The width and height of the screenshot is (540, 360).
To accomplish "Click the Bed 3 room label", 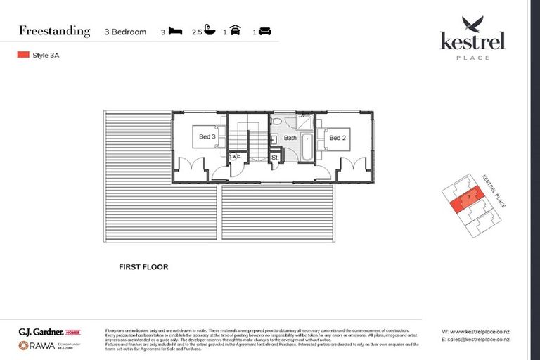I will pos(206,137).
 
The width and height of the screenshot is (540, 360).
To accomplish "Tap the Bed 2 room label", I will pos(337,138).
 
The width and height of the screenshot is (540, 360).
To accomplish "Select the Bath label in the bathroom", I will pos(290,138).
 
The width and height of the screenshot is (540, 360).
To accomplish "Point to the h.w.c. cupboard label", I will pos(235,156).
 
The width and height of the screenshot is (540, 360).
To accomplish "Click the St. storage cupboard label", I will pos(275,157).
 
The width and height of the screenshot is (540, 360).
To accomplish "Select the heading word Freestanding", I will pos(55,31).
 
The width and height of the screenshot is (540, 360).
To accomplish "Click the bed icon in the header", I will pos(176,32).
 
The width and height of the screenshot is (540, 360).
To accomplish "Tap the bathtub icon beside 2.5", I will pos(209,32).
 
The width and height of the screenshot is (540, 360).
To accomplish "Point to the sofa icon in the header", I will pos(265,32).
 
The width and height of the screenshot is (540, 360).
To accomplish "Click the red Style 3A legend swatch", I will pos(22,54).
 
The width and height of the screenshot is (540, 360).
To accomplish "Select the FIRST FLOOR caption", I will pos(144,267).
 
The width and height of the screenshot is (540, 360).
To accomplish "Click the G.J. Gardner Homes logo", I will pos(49,331).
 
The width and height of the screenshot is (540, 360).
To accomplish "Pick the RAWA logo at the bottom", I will pos(37,345).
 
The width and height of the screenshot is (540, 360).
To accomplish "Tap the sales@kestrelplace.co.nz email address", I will pos(480,340).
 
